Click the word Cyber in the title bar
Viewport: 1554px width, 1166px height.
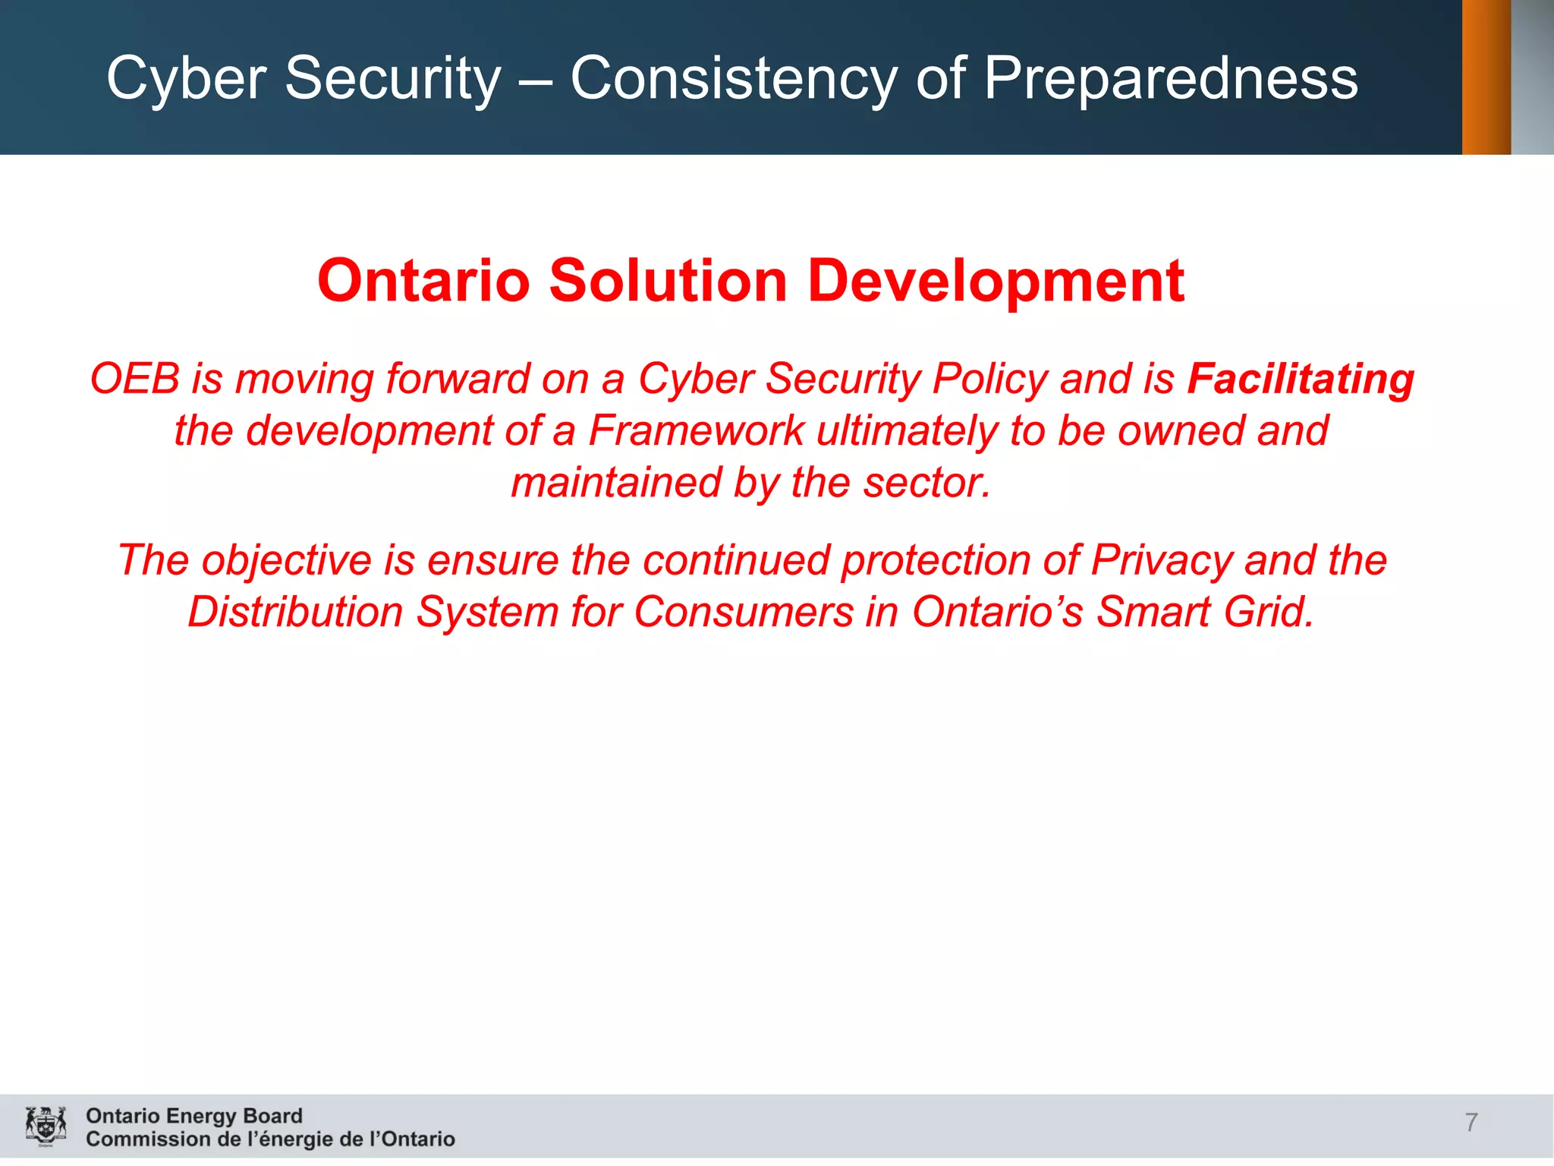(x=186, y=79)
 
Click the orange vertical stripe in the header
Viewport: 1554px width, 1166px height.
(x=1486, y=77)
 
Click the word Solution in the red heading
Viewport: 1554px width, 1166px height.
(x=668, y=281)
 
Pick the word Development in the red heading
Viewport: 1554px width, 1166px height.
(x=996, y=281)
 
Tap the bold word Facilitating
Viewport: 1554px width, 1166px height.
(x=1301, y=379)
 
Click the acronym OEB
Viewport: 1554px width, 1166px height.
(x=135, y=379)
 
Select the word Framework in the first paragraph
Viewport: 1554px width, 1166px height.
(x=696, y=430)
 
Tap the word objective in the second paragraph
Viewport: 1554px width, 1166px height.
(x=286, y=561)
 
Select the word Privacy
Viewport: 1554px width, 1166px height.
(x=1161, y=561)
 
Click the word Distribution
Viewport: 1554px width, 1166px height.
(x=295, y=612)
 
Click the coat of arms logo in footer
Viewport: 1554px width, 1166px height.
(x=46, y=1126)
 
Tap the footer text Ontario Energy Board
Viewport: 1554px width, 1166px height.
(x=193, y=1115)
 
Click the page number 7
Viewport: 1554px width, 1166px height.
(x=1471, y=1122)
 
